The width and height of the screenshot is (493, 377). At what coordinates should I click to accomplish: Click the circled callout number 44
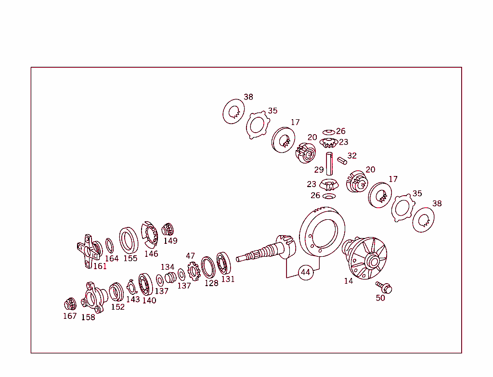pyautogui.click(x=305, y=272)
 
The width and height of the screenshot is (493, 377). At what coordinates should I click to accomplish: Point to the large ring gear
pyautogui.click(x=321, y=231)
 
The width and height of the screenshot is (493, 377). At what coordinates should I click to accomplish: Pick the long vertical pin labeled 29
pyautogui.click(x=329, y=163)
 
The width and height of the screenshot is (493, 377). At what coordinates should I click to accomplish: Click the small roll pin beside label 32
pyautogui.click(x=342, y=160)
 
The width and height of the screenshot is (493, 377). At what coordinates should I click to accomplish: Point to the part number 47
pyautogui.click(x=191, y=256)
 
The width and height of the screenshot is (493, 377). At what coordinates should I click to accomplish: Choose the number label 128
pyautogui.click(x=211, y=283)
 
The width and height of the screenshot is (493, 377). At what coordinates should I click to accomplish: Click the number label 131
pyautogui.click(x=228, y=279)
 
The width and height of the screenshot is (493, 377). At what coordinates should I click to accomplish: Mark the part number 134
pyautogui.click(x=168, y=267)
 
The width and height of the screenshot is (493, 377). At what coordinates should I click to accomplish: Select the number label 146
pyautogui.click(x=151, y=254)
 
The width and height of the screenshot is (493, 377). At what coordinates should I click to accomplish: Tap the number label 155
pyautogui.click(x=130, y=258)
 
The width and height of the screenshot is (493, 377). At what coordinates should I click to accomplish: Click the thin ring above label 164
pyautogui.click(x=110, y=245)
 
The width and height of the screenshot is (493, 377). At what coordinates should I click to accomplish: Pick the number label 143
pyautogui.click(x=133, y=299)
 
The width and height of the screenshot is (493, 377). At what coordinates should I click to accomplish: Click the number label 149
pyautogui.click(x=170, y=241)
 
